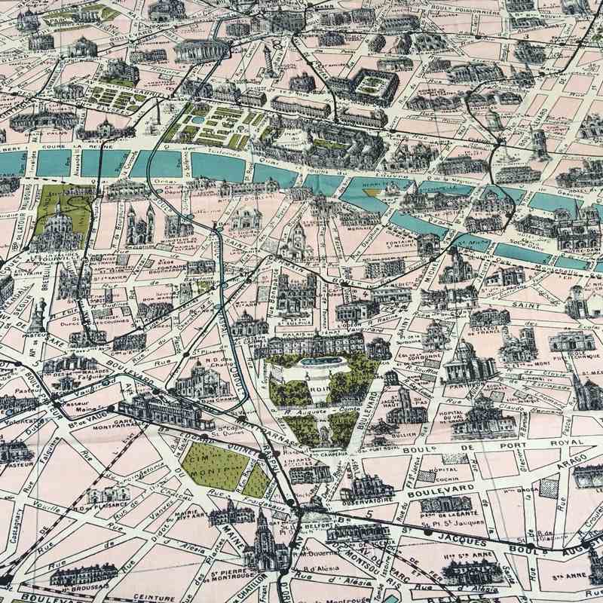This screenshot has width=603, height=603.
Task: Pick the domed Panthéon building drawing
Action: (x=464, y=366)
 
